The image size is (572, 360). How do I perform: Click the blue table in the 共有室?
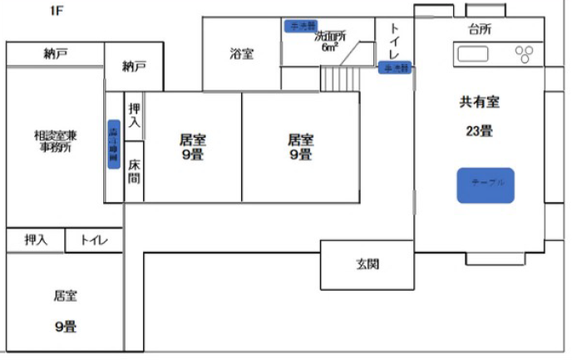click(x=486, y=185)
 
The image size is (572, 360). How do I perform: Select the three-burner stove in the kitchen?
click(x=525, y=55)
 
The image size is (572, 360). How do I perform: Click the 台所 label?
click(x=480, y=30)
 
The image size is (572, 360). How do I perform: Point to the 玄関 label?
click(x=367, y=264)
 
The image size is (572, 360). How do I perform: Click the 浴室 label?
click(x=242, y=54)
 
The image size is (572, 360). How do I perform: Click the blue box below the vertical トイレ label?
click(x=395, y=67)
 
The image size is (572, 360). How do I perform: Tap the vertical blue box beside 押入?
click(x=114, y=145)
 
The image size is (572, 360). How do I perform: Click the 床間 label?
click(x=135, y=171)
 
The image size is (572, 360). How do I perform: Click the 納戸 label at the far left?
click(x=55, y=54)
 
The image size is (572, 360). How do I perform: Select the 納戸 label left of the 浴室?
click(x=133, y=65)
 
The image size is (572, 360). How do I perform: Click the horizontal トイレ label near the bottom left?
click(x=95, y=240)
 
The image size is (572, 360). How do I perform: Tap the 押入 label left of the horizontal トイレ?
click(x=36, y=240)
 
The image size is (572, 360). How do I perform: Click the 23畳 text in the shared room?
click(x=478, y=130)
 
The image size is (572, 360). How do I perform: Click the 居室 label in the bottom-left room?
click(x=65, y=296)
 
